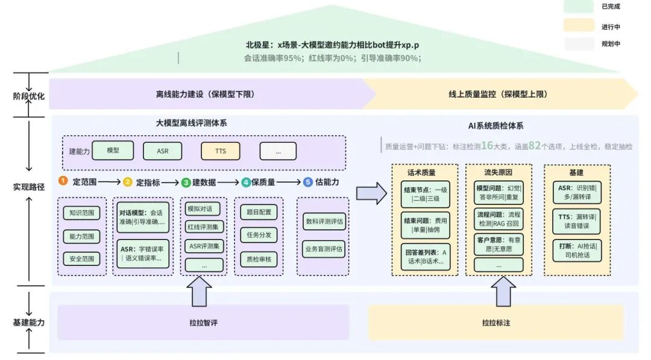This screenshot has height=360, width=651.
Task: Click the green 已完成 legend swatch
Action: (579, 7)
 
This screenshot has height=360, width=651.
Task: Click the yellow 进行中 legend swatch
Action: (579, 25)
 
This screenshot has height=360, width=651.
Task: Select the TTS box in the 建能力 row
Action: (220, 151)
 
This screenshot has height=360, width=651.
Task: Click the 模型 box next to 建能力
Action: (113, 150)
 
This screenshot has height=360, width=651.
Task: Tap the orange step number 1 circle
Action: (63, 182)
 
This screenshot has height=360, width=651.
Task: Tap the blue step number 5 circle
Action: (308, 182)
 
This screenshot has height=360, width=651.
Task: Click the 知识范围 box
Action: (81, 213)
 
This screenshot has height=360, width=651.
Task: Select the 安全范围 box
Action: (81, 259)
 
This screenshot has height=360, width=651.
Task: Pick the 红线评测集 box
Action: (204, 227)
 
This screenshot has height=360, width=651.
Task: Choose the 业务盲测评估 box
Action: (324, 248)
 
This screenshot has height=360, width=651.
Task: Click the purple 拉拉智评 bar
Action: (203, 323)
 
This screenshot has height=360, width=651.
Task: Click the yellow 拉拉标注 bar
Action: (495, 323)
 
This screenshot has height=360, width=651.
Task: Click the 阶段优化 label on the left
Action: (29, 95)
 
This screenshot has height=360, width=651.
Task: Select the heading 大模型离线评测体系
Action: (191, 123)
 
